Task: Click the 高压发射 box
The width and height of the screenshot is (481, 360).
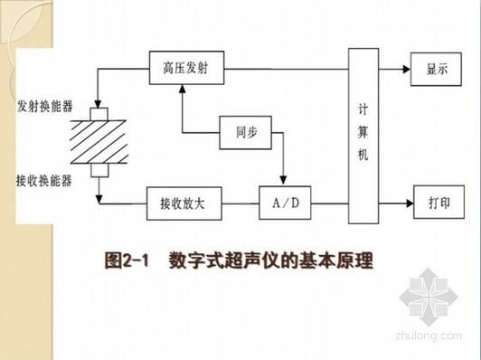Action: pyautogui.click(x=186, y=66)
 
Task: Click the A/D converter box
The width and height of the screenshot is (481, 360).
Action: pyautogui.click(x=284, y=203)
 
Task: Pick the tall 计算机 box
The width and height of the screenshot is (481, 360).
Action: pyautogui.click(x=363, y=135)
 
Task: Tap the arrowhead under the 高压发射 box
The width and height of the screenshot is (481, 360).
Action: pyautogui.click(x=182, y=86)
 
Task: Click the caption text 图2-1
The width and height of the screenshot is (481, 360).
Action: pyautogui.click(x=126, y=261)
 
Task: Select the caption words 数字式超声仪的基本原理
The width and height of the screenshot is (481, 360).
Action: pyautogui.click(x=270, y=261)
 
